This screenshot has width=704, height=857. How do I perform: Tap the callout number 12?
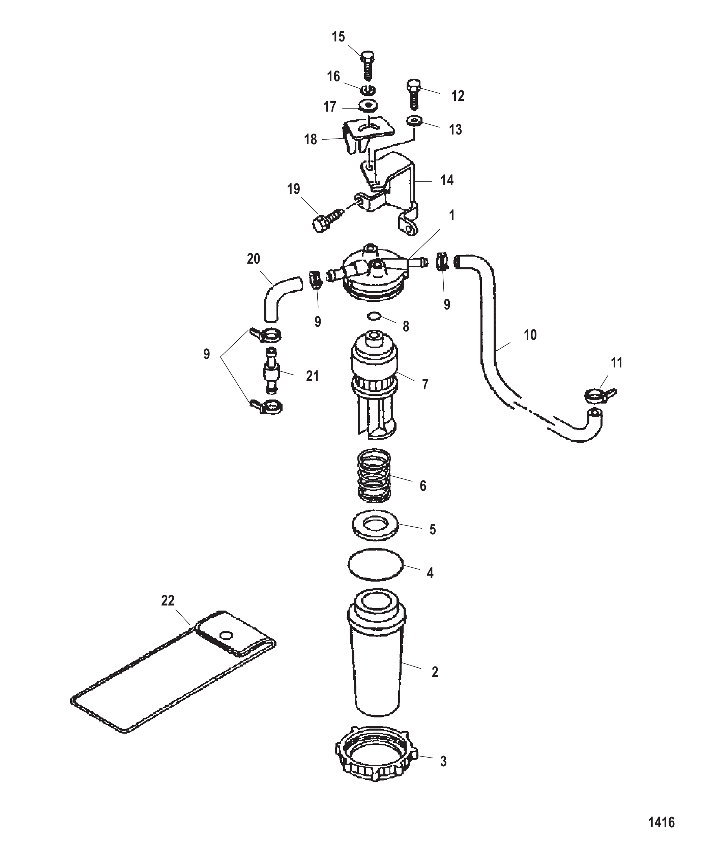point(458,96)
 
